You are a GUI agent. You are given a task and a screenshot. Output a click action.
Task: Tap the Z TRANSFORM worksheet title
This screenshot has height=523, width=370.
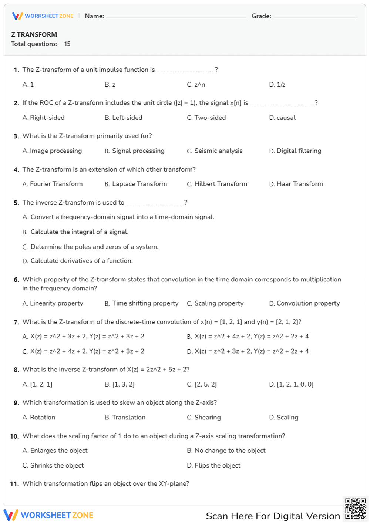(34, 34)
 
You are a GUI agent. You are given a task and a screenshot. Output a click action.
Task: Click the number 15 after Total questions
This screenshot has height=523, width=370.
(67, 44)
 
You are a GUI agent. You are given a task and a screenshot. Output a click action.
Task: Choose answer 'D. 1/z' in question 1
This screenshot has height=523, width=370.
(277, 85)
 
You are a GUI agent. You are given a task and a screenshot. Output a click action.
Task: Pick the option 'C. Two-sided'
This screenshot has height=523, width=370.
(206, 118)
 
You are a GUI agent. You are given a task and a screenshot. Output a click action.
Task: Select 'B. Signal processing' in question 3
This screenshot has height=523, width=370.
(134, 151)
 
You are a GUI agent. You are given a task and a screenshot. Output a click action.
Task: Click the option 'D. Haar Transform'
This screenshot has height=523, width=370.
(296, 184)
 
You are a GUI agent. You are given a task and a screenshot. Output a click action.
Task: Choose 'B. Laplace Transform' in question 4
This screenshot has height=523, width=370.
(136, 184)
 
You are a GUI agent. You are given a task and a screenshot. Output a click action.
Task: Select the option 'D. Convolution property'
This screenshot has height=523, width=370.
(304, 303)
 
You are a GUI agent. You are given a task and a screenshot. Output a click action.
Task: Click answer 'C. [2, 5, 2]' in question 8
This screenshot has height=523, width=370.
(202, 384)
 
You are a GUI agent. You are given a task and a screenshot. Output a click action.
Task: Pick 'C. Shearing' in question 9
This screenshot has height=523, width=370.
(204, 417)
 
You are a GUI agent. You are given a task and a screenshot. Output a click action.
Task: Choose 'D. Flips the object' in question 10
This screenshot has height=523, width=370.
(213, 465)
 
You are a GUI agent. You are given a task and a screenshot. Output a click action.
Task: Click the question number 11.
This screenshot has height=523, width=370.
(14, 484)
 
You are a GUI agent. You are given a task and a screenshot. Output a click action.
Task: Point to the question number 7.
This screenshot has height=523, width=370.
(16, 322)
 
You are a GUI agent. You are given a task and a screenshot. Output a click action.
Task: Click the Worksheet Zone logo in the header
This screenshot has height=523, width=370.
(43, 16)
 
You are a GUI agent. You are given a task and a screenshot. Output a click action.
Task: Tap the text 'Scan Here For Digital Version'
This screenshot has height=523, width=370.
(273, 516)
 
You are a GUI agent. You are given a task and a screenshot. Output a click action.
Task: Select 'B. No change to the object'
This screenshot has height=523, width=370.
(226, 451)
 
